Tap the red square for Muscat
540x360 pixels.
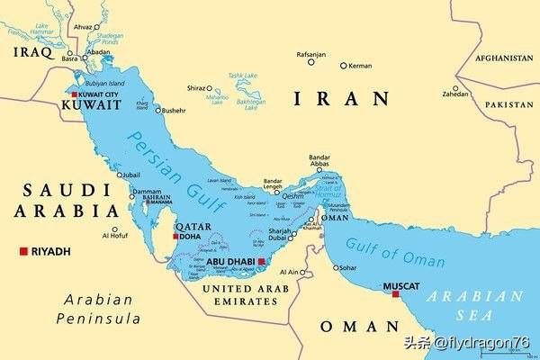(395, 293)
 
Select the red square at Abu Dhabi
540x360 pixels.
(262, 262)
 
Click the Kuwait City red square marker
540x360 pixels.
(74, 94)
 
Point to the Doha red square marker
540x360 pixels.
(175, 237)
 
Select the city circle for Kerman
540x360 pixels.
(343, 66)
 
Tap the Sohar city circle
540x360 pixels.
(337, 267)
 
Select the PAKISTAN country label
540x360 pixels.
(508, 105)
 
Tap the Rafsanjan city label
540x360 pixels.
(310, 54)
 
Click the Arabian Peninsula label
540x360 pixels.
(98, 309)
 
